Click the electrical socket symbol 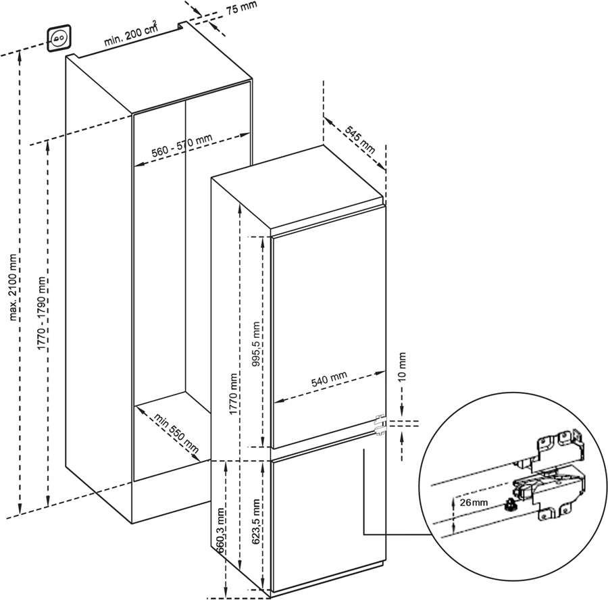tap(59, 38)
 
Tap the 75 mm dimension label tap(242, 7)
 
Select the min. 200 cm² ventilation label tap(131, 34)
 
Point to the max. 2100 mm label tap(14, 287)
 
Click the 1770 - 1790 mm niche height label tap(42, 314)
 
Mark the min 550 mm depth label tap(176, 433)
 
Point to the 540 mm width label tap(329, 379)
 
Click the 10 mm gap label tap(402, 366)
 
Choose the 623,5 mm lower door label tap(256, 521)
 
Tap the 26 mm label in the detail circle tap(474, 503)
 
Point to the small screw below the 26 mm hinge tap(511, 505)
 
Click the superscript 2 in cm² tap(155, 24)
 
